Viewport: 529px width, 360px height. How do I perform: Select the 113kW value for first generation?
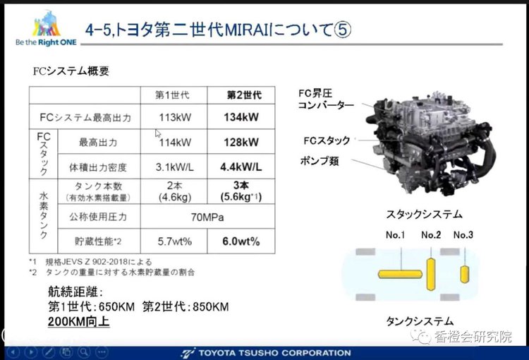[x=174, y=116]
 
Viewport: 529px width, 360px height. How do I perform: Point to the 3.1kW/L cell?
[x=174, y=167]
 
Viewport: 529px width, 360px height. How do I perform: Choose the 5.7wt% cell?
[x=174, y=241]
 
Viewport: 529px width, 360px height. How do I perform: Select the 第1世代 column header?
[x=174, y=95]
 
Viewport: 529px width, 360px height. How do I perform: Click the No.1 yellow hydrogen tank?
[x=400, y=272]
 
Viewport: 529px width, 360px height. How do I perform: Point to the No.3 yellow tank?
[x=464, y=273]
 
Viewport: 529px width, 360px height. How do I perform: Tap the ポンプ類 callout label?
[x=319, y=160]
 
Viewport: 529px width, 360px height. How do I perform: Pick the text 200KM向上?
[x=79, y=322]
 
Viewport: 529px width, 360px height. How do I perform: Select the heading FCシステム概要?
[x=71, y=71]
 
